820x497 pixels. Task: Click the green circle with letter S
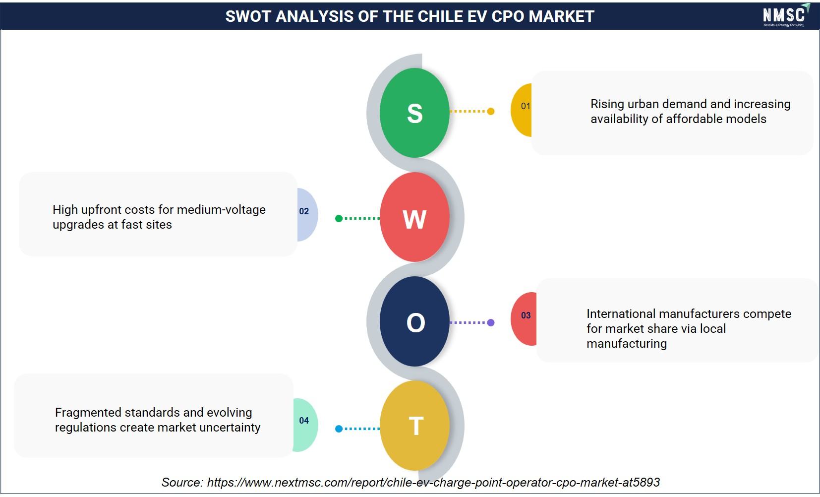pyautogui.click(x=414, y=113)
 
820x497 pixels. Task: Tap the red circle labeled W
pyautogui.click(x=414, y=217)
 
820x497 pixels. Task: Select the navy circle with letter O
pyautogui.click(x=414, y=321)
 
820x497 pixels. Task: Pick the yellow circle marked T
pyautogui.click(x=414, y=425)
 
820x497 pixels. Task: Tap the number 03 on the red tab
pyautogui.click(x=526, y=315)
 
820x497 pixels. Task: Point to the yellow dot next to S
pyautogui.click(x=491, y=111)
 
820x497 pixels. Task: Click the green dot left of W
pyautogui.click(x=339, y=219)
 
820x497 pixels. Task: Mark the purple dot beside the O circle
pyautogui.click(x=491, y=323)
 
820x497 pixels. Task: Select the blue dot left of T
pyautogui.click(x=339, y=429)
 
